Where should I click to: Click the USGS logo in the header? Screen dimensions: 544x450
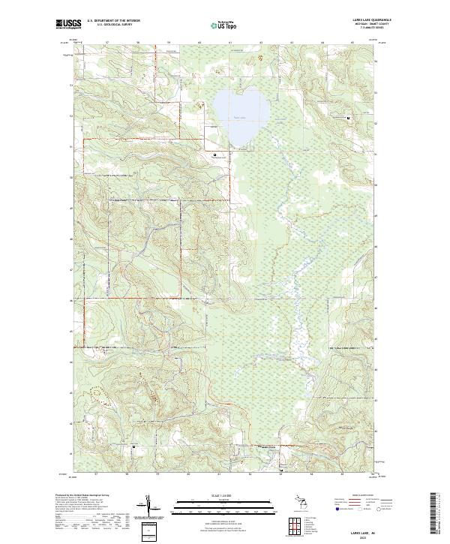(x=68, y=23)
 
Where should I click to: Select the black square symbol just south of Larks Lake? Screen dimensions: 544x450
(x=215, y=155)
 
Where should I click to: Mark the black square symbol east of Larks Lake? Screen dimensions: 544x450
(x=349, y=118)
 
